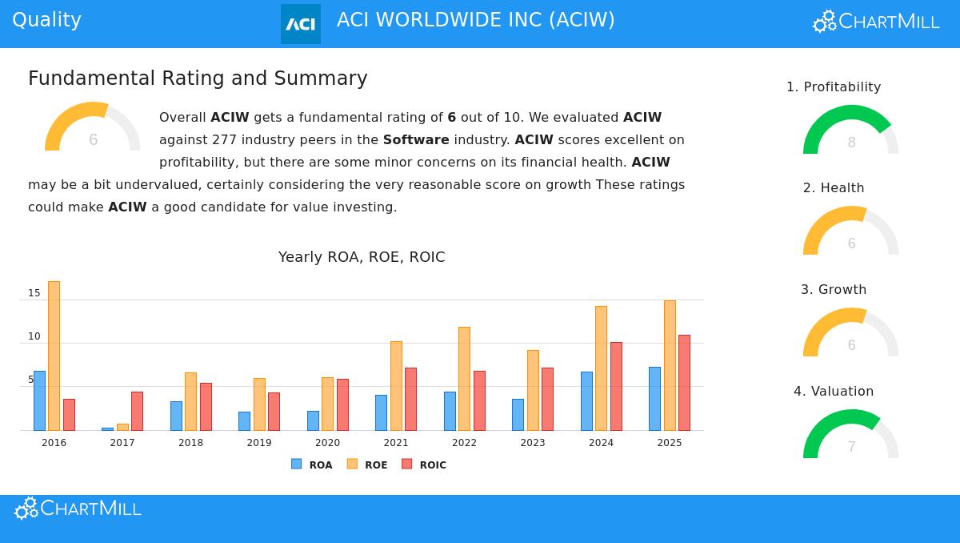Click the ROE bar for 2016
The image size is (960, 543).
coord(54,356)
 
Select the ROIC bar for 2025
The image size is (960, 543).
coord(684,383)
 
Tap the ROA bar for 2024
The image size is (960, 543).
coord(586,401)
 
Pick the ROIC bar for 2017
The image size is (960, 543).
coord(137,411)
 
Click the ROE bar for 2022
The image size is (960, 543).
coord(464,379)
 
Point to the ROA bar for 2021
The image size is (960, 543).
coord(381,412)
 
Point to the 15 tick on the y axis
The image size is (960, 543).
coord(34,293)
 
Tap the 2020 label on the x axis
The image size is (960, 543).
coord(327,443)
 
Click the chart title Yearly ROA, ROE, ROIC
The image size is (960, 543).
coord(362,257)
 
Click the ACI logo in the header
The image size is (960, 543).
coord(301,24)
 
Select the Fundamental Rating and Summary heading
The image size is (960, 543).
coord(198,78)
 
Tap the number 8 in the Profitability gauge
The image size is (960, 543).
coord(851,143)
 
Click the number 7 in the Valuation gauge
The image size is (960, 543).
coord(851,447)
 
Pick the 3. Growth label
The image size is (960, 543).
coord(834,290)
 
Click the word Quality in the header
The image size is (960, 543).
coord(46,20)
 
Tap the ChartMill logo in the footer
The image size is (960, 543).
coord(78,509)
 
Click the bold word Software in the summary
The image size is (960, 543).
coord(416,140)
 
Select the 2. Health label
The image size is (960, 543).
coord(834,188)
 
